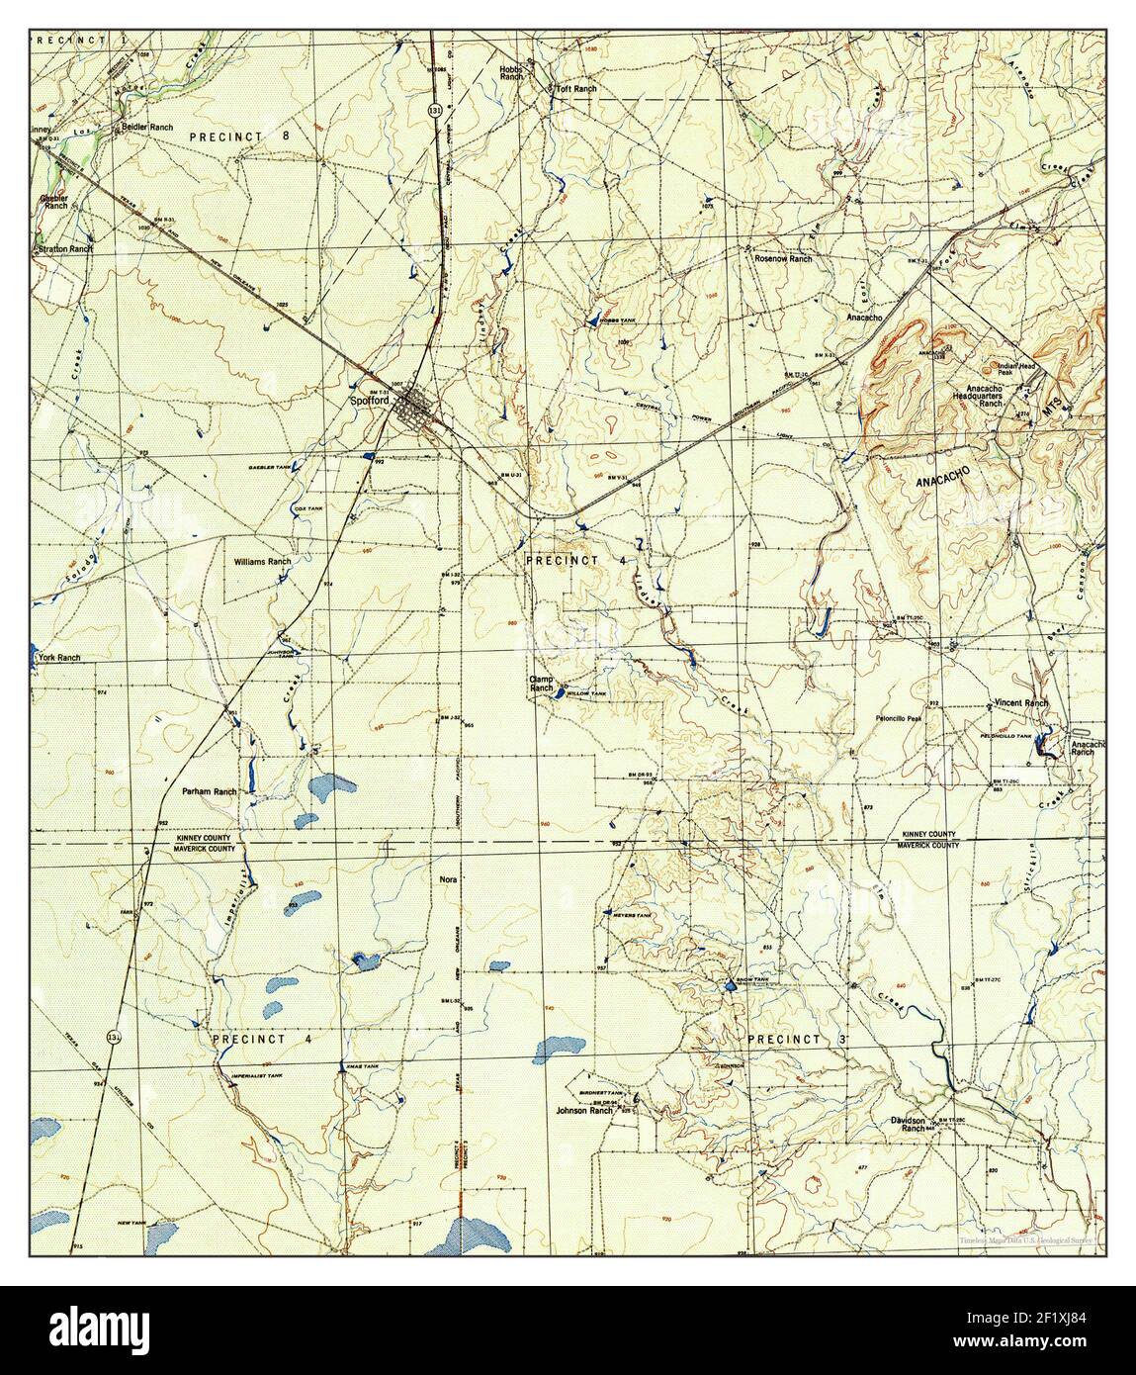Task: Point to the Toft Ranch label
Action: pos(577,89)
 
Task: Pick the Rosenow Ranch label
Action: pos(783,258)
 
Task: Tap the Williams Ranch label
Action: pos(262,561)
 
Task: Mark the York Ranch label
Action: pos(57,658)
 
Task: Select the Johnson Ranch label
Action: pos(585,1110)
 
